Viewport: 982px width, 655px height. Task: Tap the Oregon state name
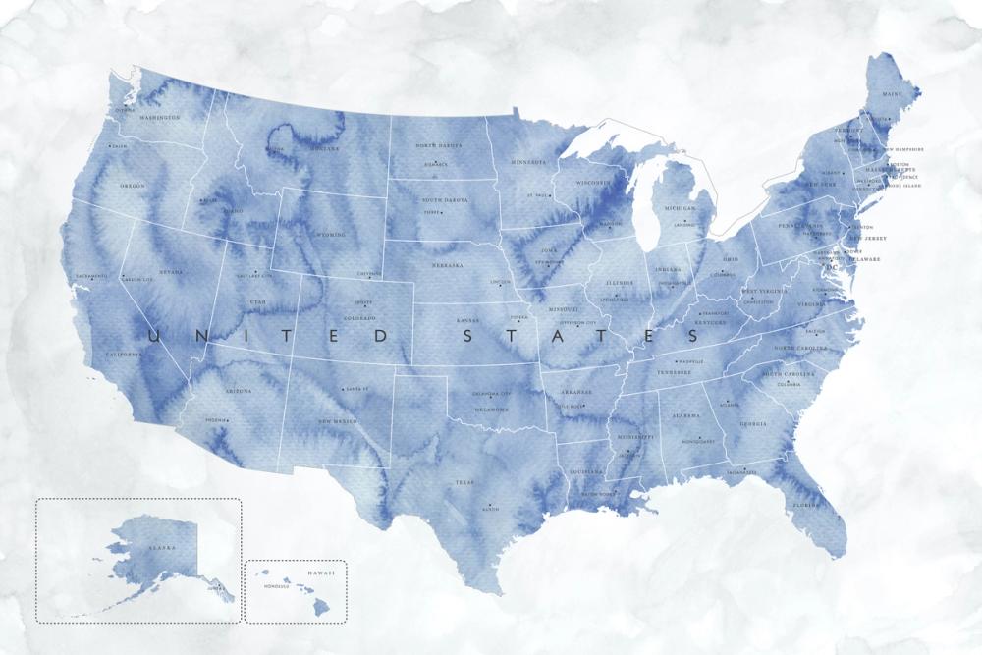(x=133, y=186)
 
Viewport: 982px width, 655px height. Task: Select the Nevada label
(x=171, y=272)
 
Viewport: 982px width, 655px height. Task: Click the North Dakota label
(x=438, y=145)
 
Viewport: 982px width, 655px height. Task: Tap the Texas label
(x=464, y=483)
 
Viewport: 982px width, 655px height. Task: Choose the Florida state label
(x=806, y=506)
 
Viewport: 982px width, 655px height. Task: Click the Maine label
(x=892, y=94)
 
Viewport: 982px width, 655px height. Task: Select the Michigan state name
(x=679, y=208)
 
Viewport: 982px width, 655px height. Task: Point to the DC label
(x=833, y=266)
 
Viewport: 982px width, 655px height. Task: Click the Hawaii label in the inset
(x=321, y=573)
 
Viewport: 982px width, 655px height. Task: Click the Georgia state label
(x=753, y=424)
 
